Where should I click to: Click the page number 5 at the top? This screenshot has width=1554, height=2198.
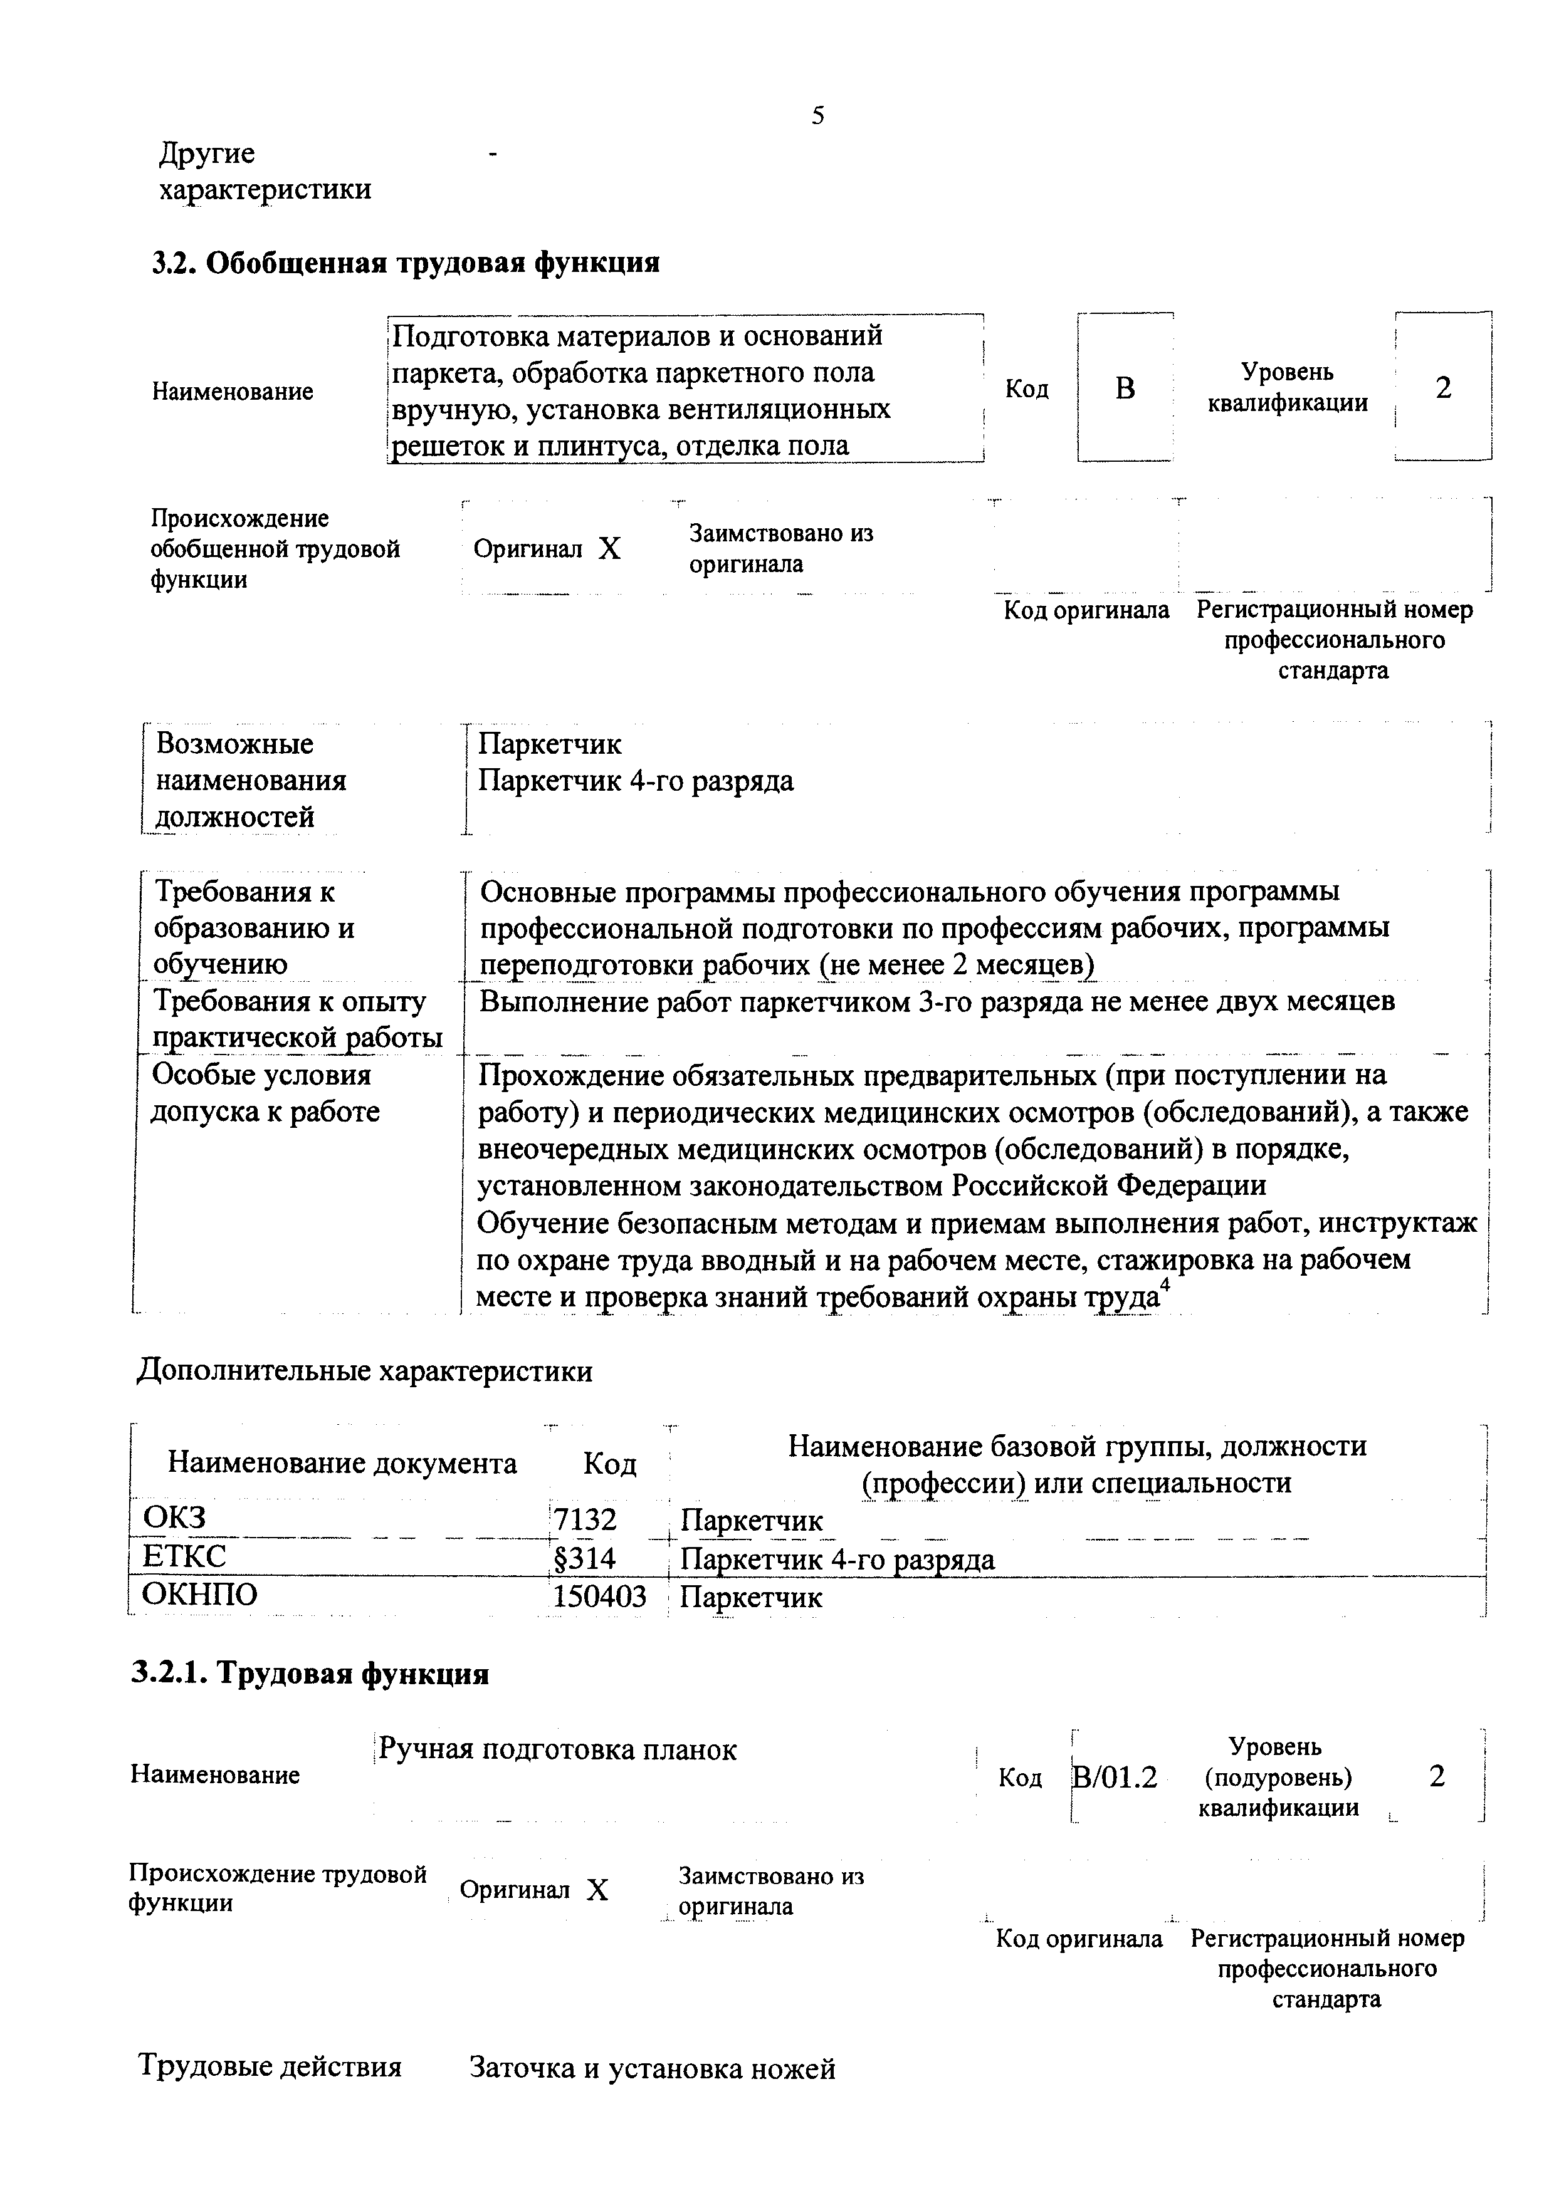(817, 117)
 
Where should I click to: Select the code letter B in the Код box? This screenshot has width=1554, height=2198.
(1125, 388)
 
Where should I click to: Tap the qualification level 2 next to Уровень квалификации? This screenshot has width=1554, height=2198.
(1443, 388)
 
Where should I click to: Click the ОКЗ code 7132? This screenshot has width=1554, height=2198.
(585, 1520)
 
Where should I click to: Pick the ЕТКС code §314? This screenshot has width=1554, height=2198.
(584, 1558)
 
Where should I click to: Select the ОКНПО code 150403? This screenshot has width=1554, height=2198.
(599, 1596)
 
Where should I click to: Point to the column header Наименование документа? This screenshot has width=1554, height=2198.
(342, 1464)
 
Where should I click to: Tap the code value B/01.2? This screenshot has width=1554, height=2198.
(1115, 1778)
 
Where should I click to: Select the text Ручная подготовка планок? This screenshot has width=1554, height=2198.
(557, 1750)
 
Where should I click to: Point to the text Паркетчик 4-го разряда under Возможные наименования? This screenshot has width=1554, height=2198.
(636, 781)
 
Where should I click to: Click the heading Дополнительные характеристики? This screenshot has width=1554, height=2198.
(365, 1371)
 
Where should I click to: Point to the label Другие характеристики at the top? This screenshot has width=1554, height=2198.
(265, 171)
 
